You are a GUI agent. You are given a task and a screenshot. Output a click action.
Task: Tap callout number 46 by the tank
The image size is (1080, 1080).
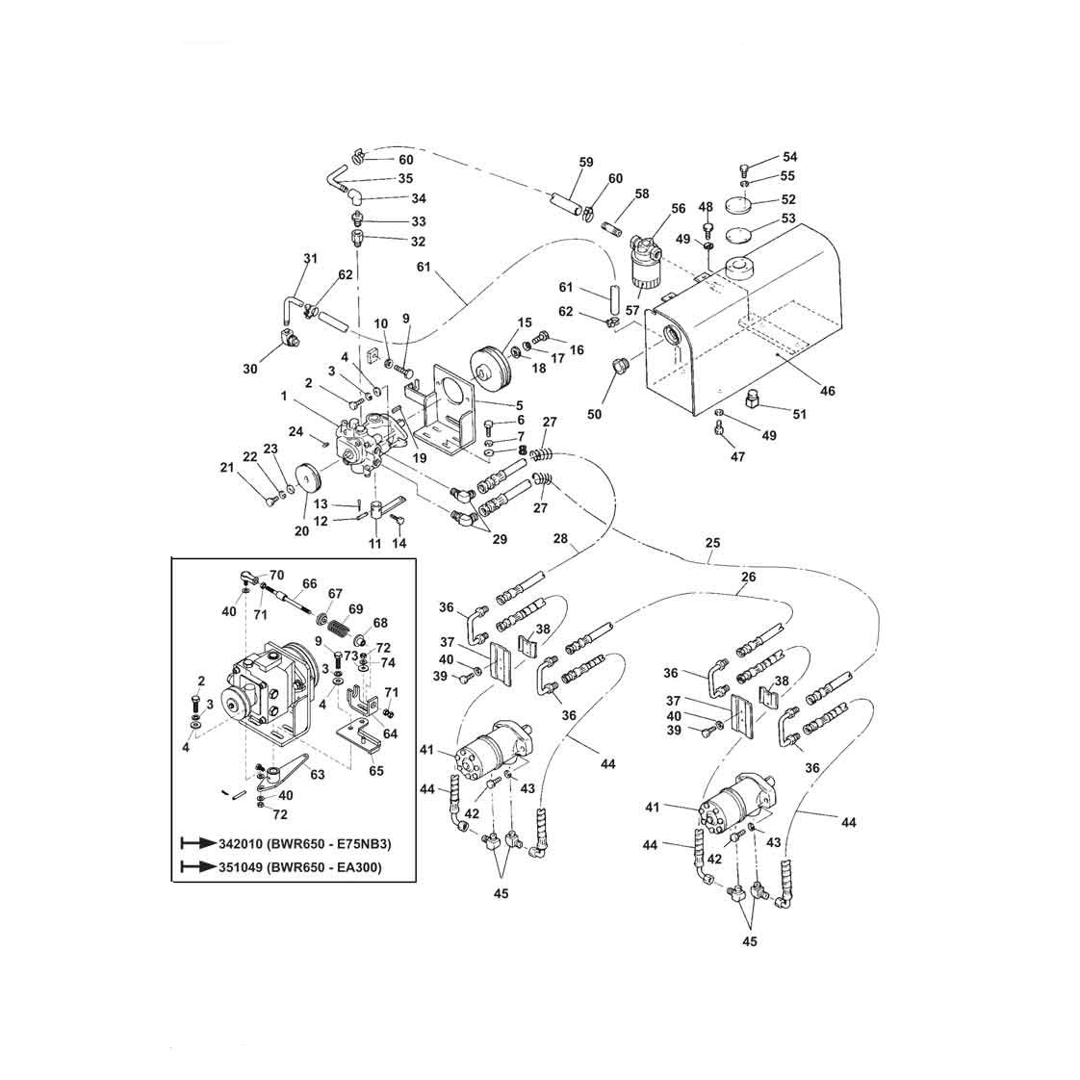pos(828,391)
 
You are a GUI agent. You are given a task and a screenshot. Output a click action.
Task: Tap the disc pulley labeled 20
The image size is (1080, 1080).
pos(308,476)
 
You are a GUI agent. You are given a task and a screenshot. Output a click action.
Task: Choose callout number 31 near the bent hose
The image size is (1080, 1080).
pos(310,258)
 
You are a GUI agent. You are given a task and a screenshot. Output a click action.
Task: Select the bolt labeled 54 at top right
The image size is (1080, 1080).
pos(746,166)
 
